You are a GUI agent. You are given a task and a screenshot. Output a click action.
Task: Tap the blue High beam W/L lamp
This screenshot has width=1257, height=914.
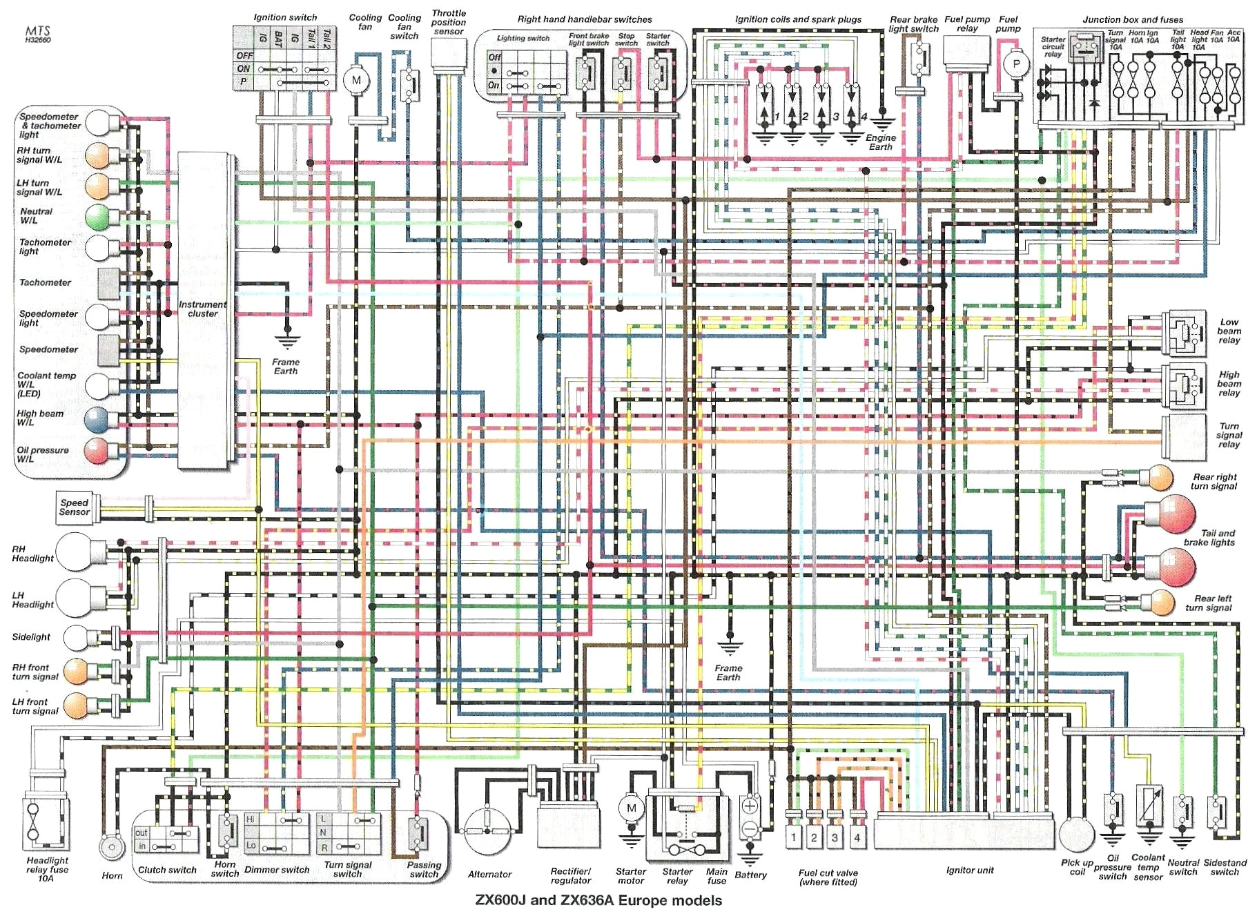(x=97, y=419)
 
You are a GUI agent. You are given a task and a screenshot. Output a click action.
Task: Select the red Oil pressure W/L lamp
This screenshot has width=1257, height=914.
(x=97, y=451)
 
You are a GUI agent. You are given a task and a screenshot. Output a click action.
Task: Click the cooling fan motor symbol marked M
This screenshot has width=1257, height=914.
(x=356, y=80)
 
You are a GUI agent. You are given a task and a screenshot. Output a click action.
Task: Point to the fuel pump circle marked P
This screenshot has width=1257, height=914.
(x=1015, y=65)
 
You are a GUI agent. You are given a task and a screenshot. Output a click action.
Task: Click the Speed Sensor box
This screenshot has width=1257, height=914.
(x=75, y=507)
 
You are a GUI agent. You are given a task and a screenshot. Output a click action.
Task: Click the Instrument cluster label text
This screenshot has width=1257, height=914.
(x=202, y=309)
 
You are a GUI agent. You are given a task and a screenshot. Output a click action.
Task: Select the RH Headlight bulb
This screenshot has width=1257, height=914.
(x=75, y=552)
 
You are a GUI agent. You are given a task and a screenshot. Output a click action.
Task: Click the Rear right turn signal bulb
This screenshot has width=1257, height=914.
(x=1160, y=477)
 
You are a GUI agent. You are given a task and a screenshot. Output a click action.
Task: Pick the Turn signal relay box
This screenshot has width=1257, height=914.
(x=1184, y=436)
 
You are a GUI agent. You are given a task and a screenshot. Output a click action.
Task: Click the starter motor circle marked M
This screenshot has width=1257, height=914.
(x=630, y=808)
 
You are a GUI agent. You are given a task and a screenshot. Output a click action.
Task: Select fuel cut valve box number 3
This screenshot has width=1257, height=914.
(x=835, y=838)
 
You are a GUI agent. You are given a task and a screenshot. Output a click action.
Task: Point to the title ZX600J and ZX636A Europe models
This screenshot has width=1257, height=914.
(x=598, y=900)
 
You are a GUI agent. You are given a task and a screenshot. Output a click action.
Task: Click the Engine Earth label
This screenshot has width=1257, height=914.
(x=880, y=142)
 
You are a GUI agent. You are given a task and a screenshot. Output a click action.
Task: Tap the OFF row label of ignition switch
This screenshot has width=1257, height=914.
(x=244, y=56)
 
